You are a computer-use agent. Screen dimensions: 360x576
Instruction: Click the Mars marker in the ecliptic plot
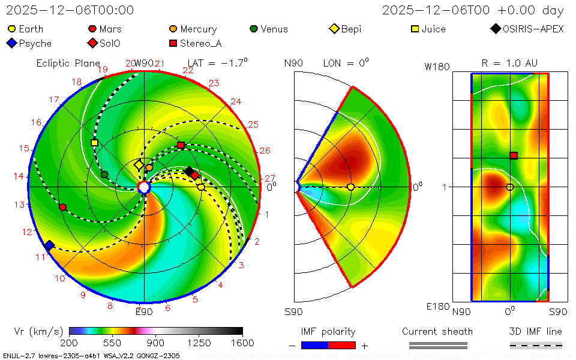tap(63, 207)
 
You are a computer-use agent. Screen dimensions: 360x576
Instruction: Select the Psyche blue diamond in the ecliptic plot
tap(49, 245)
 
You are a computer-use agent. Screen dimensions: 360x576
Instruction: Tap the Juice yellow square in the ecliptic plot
tap(94, 143)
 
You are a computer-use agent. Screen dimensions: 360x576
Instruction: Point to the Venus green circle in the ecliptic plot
tap(104, 174)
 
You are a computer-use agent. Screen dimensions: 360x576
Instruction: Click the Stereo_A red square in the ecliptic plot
tap(181, 145)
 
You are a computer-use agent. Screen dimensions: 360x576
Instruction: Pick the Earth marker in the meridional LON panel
tap(351, 187)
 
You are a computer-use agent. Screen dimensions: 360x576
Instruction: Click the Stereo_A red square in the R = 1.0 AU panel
tap(514, 155)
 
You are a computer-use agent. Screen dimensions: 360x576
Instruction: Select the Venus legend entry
tap(269, 29)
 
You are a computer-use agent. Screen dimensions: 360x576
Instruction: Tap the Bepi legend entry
tap(346, 29)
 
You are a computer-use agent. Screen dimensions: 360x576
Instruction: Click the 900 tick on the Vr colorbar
tap(156, 343)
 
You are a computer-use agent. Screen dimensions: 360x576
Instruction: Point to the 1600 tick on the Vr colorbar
tap(242, 343)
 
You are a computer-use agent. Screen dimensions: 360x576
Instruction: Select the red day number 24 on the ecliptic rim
tap(236, 101)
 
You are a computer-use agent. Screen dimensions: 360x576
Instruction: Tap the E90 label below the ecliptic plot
tap(144, 311)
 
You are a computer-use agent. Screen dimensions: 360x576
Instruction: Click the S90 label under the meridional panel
tap(294, 311)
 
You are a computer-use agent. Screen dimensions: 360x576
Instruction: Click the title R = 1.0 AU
tap(509, 63)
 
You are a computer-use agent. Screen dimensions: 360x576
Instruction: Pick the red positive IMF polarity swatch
tap(342, 345)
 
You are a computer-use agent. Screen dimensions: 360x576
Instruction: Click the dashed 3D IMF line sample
tap(536, 345)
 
